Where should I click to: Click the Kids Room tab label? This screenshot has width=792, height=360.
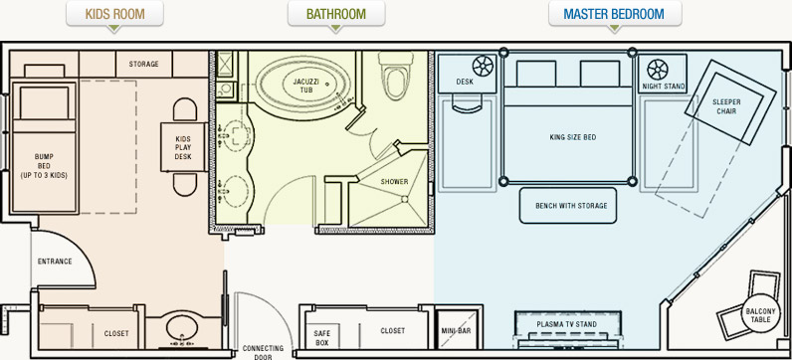click(x=114, y=14)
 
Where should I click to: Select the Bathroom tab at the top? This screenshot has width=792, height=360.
click(x=336, y=14)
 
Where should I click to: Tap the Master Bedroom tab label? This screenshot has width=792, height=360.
click(x=614, y=14)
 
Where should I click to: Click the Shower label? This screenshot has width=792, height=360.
click(x=394, y=182)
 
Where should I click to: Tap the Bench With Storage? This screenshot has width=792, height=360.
click(x=568, y=206)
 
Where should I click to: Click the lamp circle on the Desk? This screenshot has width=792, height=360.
click(x=483, y=66)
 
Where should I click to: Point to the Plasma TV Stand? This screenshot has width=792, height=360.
click(x=566, y=328)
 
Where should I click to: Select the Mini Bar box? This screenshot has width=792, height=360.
click(x=457, y=329)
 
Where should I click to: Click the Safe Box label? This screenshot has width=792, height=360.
click(x=321, y=338)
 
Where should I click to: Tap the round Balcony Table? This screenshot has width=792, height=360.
click(x=757, y=312)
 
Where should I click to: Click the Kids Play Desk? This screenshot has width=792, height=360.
click(x=183, y=147)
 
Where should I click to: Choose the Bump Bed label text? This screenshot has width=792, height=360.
click(x=44, y=166)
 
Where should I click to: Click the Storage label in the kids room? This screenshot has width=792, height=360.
click(x=143, y=64)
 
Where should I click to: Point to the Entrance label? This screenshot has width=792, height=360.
click(x=55, y=262)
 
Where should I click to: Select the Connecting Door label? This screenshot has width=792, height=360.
click(x=263, y=352)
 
